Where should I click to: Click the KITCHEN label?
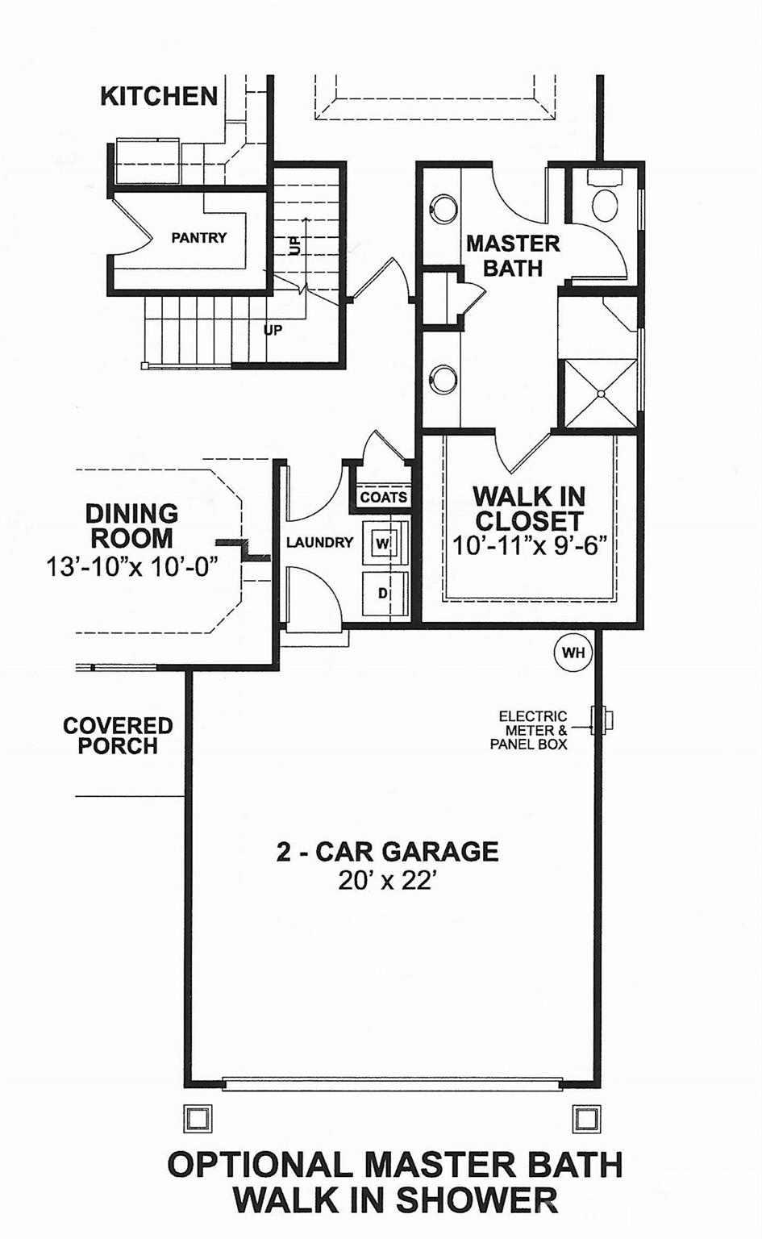point(159,96)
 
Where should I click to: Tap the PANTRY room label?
point(198,238)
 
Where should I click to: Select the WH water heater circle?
point(573,653)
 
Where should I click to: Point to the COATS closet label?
point(383,497)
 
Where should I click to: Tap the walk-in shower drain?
point(601,394)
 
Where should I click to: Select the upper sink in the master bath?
point(443,209)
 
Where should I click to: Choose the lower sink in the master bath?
point(443,379)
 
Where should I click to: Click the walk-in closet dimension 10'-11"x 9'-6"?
point(529,546)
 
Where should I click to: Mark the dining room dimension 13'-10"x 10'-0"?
point(131,566)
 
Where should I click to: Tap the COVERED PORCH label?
point(118,736)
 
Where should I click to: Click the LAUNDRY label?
point(319,543)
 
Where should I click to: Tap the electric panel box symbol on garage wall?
point(601,720)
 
